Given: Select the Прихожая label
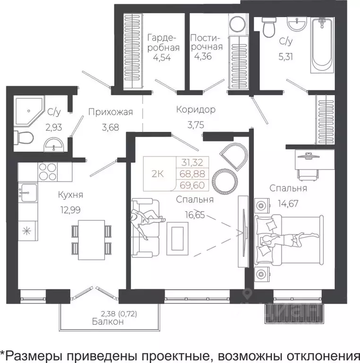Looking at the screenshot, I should tap(110, 112).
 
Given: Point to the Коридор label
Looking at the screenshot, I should tap(196, 110).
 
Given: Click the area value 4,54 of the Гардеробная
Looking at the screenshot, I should tap(161, 58).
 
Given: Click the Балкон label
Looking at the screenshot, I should tap(108, 321).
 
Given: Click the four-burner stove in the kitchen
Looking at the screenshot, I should tap(47, 172).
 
